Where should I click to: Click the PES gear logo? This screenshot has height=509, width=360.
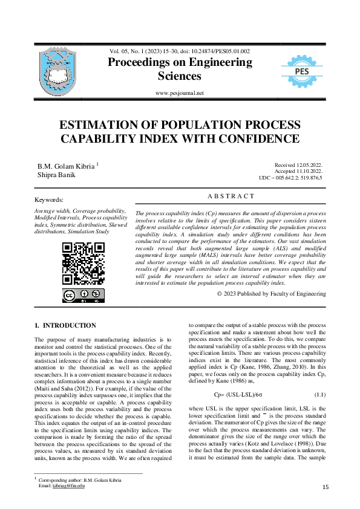[x=303, y=71]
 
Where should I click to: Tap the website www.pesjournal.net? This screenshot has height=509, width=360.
[x=179, y=93]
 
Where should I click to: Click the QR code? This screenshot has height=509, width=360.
[x=83, y=263]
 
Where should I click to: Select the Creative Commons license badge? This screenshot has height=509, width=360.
[x=83, y=296]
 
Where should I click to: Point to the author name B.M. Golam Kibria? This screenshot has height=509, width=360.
[x=66, y=165]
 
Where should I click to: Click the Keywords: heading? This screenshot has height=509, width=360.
[x=49, y=199]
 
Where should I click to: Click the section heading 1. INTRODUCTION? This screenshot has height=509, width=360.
[x=65, y=326]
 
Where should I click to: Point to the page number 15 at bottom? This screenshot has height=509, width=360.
[x=326, y=487]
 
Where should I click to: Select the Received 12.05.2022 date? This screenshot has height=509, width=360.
[x=298, y=164]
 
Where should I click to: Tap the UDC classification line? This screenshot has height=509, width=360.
[x=290, y=178]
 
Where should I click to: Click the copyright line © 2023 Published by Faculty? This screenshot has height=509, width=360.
[x=271, y=293]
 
